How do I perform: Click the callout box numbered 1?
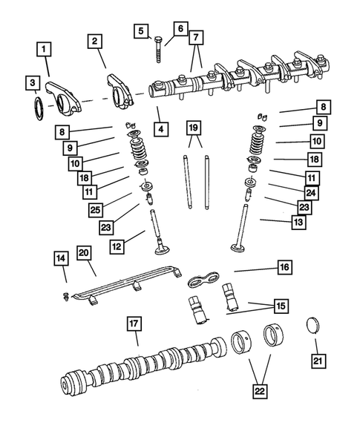(x=46, y=50)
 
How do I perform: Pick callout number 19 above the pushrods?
(x=192, y=128)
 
